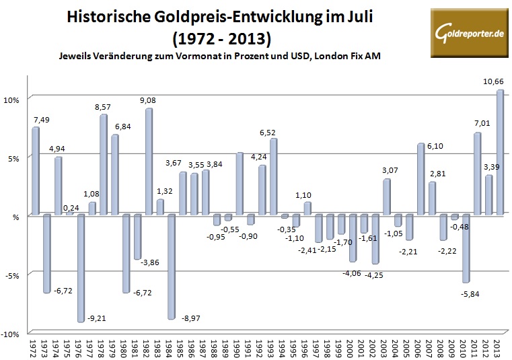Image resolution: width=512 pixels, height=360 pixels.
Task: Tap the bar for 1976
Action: [x=81, y=268]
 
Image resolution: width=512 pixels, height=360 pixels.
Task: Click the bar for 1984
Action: [x=171, y=266]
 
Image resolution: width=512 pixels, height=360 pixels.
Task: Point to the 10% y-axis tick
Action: [x=13, y=99]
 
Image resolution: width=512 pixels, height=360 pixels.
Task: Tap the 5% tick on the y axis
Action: [x=15, y=157]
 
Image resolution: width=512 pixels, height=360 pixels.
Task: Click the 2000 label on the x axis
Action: [x=352, y=347]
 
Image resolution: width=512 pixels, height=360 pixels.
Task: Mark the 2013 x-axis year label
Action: [x=499, y=347]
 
